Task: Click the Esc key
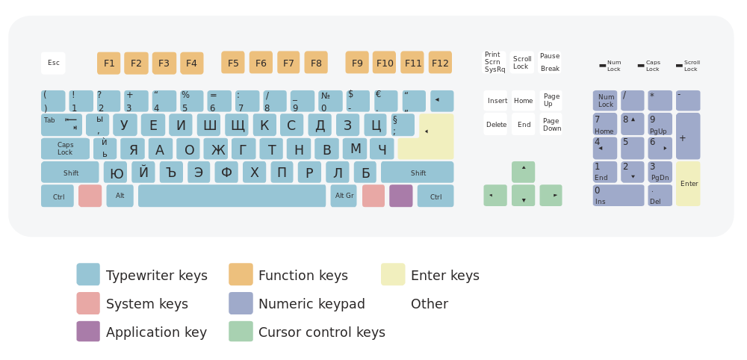pyautogui.click(x=53, y=63)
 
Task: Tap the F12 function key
pyautogui.click(x=440, y=63)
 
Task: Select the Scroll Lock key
pyautogui.click(x=522, y=63)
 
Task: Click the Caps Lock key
pyautogui.click(x=65, y=149)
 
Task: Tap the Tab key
pyautogui.click(x=61, y=125)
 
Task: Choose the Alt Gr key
pyautogui.click(x=344, y=196)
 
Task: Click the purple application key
pyautogui.click(x=401, y=196)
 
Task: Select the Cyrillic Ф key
pyautogui.click(x=226, y=172)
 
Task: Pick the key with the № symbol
pyautogui.click(x=330, y=101)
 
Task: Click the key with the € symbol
pyautogui.click(x=386, y=101)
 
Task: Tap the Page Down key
pyautogui.click(x=551, y=124)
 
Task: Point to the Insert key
pyautogui.click(x=495, y=101)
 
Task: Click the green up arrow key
pyautogui.click(x=523, y=172)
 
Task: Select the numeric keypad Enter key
pyautogui.click(x=688, y=184)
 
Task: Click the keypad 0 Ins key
pyautogui.click(x=619, y=195)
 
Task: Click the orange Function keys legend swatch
pyautogui.click(x=241, y=274)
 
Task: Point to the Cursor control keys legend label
pyautogui.click(x=321, y=332)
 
